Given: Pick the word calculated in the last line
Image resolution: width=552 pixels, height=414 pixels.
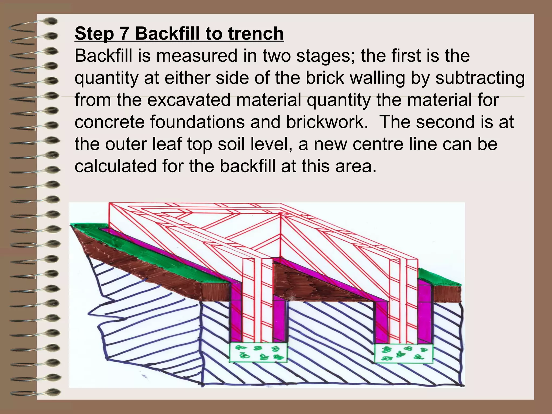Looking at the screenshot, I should pyautogui.click(x=116, y=166).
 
